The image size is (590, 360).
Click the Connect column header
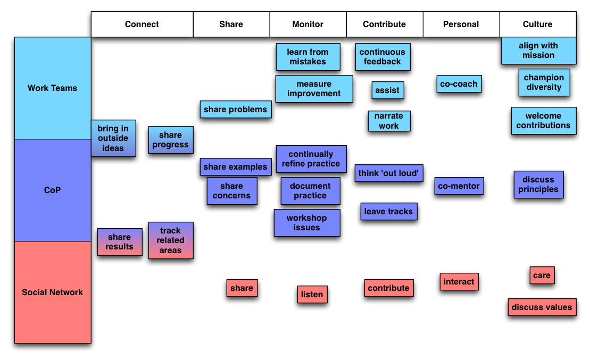click(142, 24)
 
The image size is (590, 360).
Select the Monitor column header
click(308, 24)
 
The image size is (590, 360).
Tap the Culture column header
click(538, 24)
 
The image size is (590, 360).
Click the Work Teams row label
click(52, 88)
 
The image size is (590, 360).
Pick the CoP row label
click(52, 190)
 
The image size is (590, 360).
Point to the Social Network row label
click(52, 292)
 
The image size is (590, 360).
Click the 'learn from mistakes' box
click(308, 57)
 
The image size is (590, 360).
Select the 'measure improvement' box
click(314, 89)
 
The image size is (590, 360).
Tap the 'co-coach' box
click(459, 84)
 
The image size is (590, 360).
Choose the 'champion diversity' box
click(544, 82)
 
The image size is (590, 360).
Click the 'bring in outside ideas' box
click(113, 138)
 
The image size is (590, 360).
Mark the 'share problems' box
click(236, 110)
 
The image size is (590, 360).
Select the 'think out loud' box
click(389, 173)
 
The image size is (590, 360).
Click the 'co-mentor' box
click(459, 186)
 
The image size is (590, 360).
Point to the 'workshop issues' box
click(307, 223)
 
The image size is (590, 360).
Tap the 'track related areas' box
click(170, 240)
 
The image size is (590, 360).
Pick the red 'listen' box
click(312, 295)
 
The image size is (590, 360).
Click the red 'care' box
click(542, 275)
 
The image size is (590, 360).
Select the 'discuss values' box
click(542, 307)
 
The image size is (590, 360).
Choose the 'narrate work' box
click(389, 121)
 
